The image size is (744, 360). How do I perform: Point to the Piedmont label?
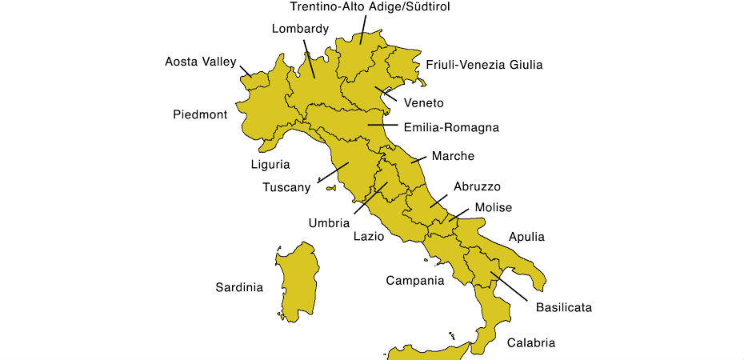(200, 114)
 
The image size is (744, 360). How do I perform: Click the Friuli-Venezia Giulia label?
(484, 65)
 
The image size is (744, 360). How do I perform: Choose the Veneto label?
(423, 102)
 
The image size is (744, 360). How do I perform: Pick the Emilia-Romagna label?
(451, 127)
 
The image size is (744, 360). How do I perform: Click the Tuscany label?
(286, 188)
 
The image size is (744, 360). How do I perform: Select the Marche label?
(453, 156)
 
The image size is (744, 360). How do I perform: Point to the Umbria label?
(329, 223)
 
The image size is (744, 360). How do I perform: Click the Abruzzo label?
(477, 186)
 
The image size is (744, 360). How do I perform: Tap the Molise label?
(493, 208)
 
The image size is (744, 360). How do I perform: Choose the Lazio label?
(369, 237)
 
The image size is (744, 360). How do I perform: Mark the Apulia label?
(526, 237)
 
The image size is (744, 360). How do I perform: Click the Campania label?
(414, 281)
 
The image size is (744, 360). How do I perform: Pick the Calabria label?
(530, 343)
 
